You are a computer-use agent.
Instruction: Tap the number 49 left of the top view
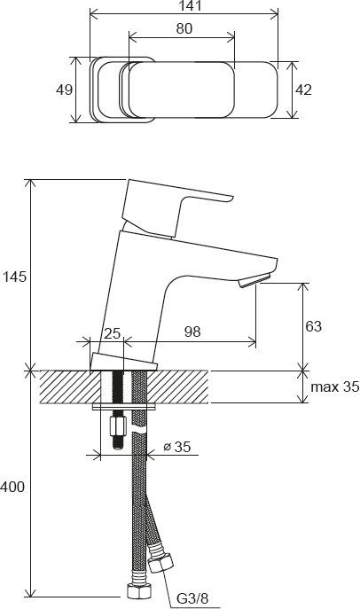(64, 90)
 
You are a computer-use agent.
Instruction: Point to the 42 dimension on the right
(304, 89)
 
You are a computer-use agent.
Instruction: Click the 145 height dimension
(15, 277)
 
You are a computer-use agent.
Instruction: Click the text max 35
(330, 387)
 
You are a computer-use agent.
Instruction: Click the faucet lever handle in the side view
(177, 205)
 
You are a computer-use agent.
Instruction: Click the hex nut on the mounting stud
(115, 430)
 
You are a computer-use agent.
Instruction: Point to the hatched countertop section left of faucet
(71, 387)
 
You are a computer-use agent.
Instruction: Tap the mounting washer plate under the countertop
(125, 408)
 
